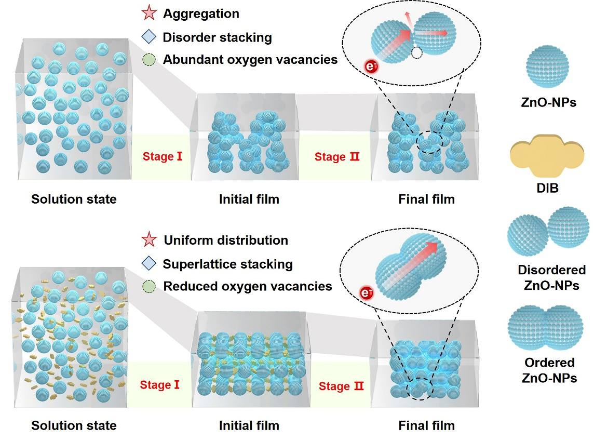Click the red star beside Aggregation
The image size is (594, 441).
(x=150, y=14)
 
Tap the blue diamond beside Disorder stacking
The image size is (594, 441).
(x=150, y=37)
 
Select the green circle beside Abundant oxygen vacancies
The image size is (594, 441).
(x=150, y=60)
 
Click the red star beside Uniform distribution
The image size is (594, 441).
(x=150, y=240)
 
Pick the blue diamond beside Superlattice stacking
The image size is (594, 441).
(x=150, y=264)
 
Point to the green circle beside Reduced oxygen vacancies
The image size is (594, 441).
(x=150, y=286)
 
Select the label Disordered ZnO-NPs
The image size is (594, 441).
(x=551, y=277)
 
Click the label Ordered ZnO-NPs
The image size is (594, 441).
(x=549, y=370)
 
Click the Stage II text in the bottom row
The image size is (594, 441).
(x=341, y=386)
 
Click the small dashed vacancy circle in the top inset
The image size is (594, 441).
(x=415, y=53)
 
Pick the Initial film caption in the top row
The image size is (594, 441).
(x=249, y=199)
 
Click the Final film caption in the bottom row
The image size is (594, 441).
(x=426, y=426)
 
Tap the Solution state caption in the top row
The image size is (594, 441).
(x=74, y=199)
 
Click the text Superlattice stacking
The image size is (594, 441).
(x=227, y=264)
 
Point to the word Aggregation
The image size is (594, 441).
(x=201, y=14)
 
